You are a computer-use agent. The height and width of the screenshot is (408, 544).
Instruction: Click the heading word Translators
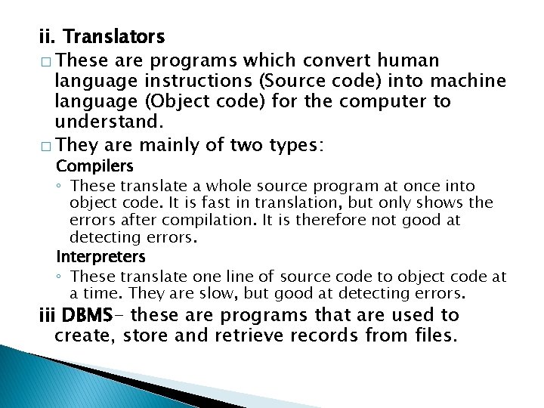[114, 36]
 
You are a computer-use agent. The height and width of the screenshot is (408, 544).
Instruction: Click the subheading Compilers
[95, 165]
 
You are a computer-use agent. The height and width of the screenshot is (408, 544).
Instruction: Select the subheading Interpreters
[100, 257]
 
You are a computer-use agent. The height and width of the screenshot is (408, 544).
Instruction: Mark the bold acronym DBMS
[88, 315]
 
